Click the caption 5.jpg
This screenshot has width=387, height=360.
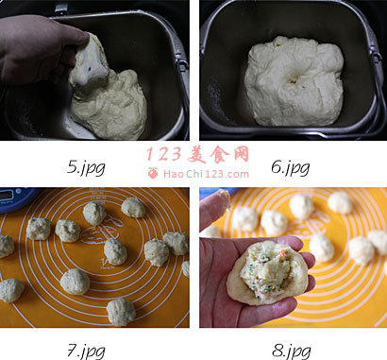pos(86,168)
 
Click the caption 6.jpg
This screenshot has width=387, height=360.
pos(290,167)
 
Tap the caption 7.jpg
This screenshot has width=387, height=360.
pos(86,351)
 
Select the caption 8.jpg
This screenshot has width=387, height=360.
pos(291,351)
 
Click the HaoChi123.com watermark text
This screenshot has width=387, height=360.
pos(206,174)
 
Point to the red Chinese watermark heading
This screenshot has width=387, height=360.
pos(197,154)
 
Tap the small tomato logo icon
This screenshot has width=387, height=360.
pos(153,173)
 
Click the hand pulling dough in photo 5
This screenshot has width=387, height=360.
pos(40,47)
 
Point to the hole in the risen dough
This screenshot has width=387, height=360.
pos(292,80)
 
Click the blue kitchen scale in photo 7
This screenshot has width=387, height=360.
pos(17,199)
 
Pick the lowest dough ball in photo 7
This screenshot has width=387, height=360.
pos(121,312)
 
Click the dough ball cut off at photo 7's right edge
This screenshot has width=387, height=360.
pos(186,268)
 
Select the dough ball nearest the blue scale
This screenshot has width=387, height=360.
pos(39,229)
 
